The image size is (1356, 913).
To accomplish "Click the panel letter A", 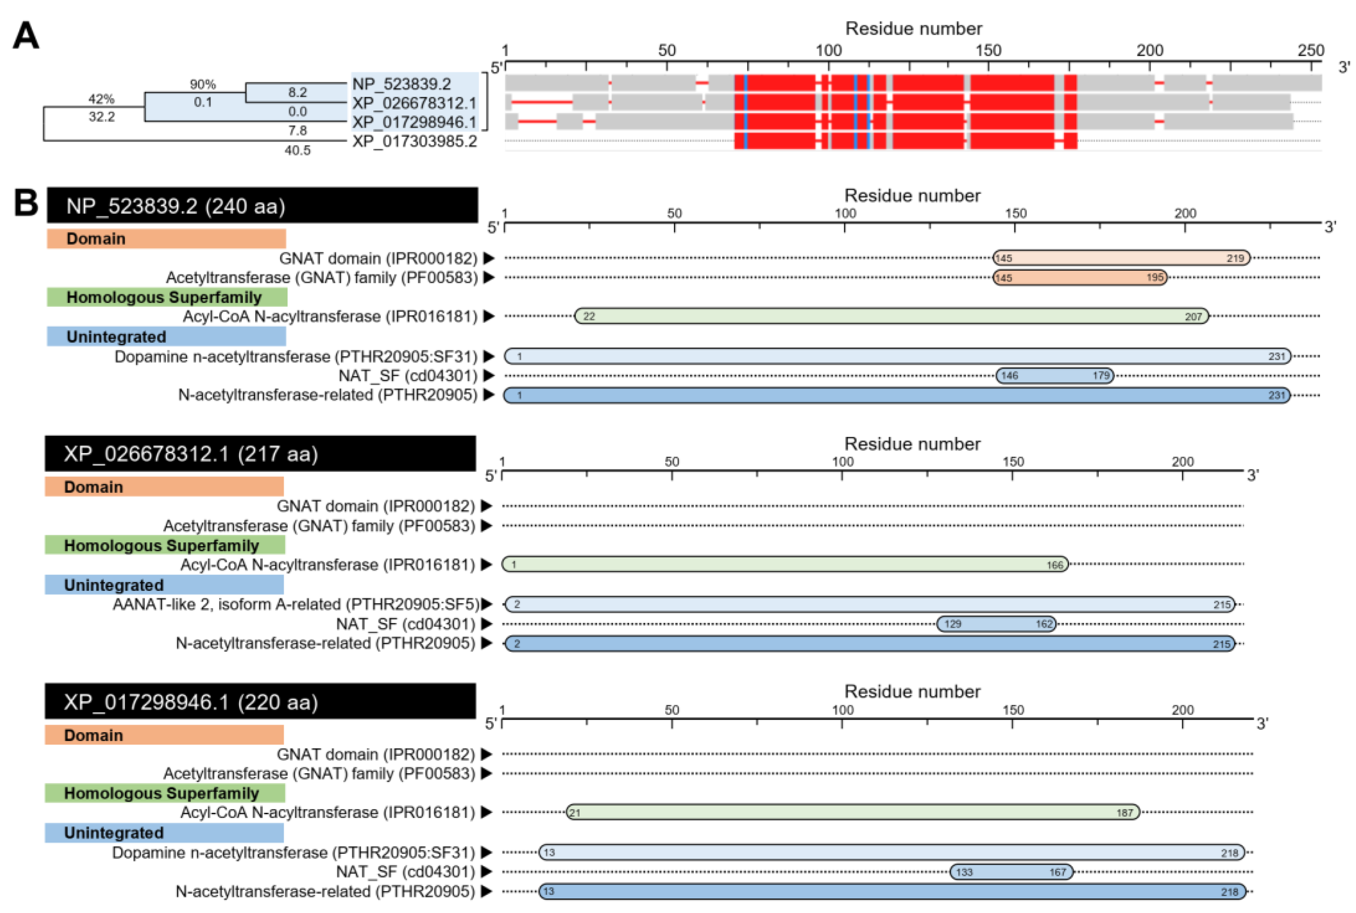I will point(26,36).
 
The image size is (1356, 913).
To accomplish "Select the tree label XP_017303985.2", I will point(414,141).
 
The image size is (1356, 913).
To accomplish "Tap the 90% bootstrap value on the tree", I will point(203,84).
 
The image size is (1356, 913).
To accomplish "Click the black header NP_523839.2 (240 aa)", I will point(262,206).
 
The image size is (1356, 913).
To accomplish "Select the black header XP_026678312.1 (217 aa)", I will point(260,454).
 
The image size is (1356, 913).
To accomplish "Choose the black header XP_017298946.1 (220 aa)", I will point(260,702).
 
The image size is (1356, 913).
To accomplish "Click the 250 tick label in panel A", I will point(1310,51).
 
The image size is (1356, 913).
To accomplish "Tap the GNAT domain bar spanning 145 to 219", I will point(1121,258).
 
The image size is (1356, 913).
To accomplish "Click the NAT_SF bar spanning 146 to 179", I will point(1055,375).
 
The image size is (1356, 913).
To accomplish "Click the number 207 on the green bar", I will point(1193,317).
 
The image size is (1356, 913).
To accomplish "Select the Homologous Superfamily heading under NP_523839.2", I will point(167,297).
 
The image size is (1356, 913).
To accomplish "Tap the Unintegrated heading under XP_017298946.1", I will point(164,833).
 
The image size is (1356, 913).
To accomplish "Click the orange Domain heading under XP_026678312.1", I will point(164,487).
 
